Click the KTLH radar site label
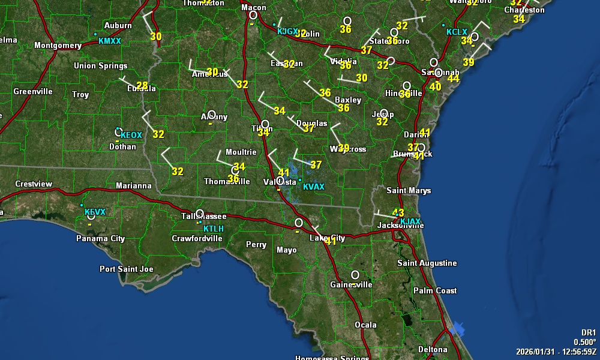coord(214,229)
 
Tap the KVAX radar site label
coord(314,187)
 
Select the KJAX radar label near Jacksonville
coord(410,221)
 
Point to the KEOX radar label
coord(131,135)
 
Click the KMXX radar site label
coord(110,41)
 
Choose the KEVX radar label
coord(95,212)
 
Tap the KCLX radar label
coord(457,31)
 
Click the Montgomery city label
coord(58,45)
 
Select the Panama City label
coord(101,238)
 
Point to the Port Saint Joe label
coord(127,269)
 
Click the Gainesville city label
coord(352,284)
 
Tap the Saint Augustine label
coord(427,263)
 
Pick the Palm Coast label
coord(435,290)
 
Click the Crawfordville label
coord(197,238)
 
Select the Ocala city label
coord(365,325)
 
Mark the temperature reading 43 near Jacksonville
coord(398,212)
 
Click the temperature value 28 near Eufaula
coord(142,85)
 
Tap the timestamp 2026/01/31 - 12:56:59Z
coord(556,351)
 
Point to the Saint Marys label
coord(409,190)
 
